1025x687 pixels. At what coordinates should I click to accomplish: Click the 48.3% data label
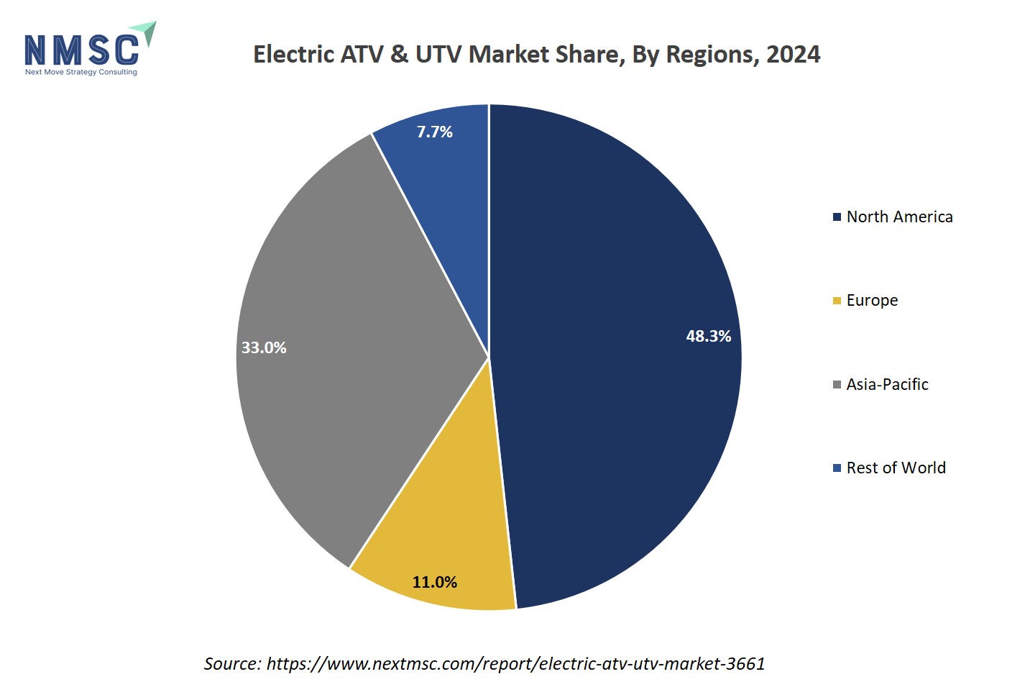click(x=708, y=336)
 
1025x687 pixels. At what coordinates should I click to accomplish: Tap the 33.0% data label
click(x=264, y=347)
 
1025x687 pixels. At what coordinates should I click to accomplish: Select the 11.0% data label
click(x=434, y=582)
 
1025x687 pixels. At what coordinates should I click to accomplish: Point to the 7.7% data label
click(x=435, y=132)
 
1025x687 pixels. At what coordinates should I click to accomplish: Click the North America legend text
click(x=899, y=217)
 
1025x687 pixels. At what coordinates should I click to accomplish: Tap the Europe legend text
click(x=872, y=300)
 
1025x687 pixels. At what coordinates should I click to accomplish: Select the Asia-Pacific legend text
click(x=887, y=384)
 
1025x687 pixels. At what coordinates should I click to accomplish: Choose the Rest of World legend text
click(x=896, y=468)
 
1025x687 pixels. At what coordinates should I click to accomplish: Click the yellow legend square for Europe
click(x=837, y=301)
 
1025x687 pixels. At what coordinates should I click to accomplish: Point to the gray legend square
click(x=837, y=385)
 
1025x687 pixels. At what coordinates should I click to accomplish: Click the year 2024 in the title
click(x=793, y=55)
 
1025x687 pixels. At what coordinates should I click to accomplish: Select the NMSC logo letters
click(x=81, y=50)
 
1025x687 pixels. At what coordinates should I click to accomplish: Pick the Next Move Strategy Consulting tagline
click(x=81, y=72)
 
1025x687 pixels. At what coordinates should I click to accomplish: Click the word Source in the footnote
click(x=232, y=663)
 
